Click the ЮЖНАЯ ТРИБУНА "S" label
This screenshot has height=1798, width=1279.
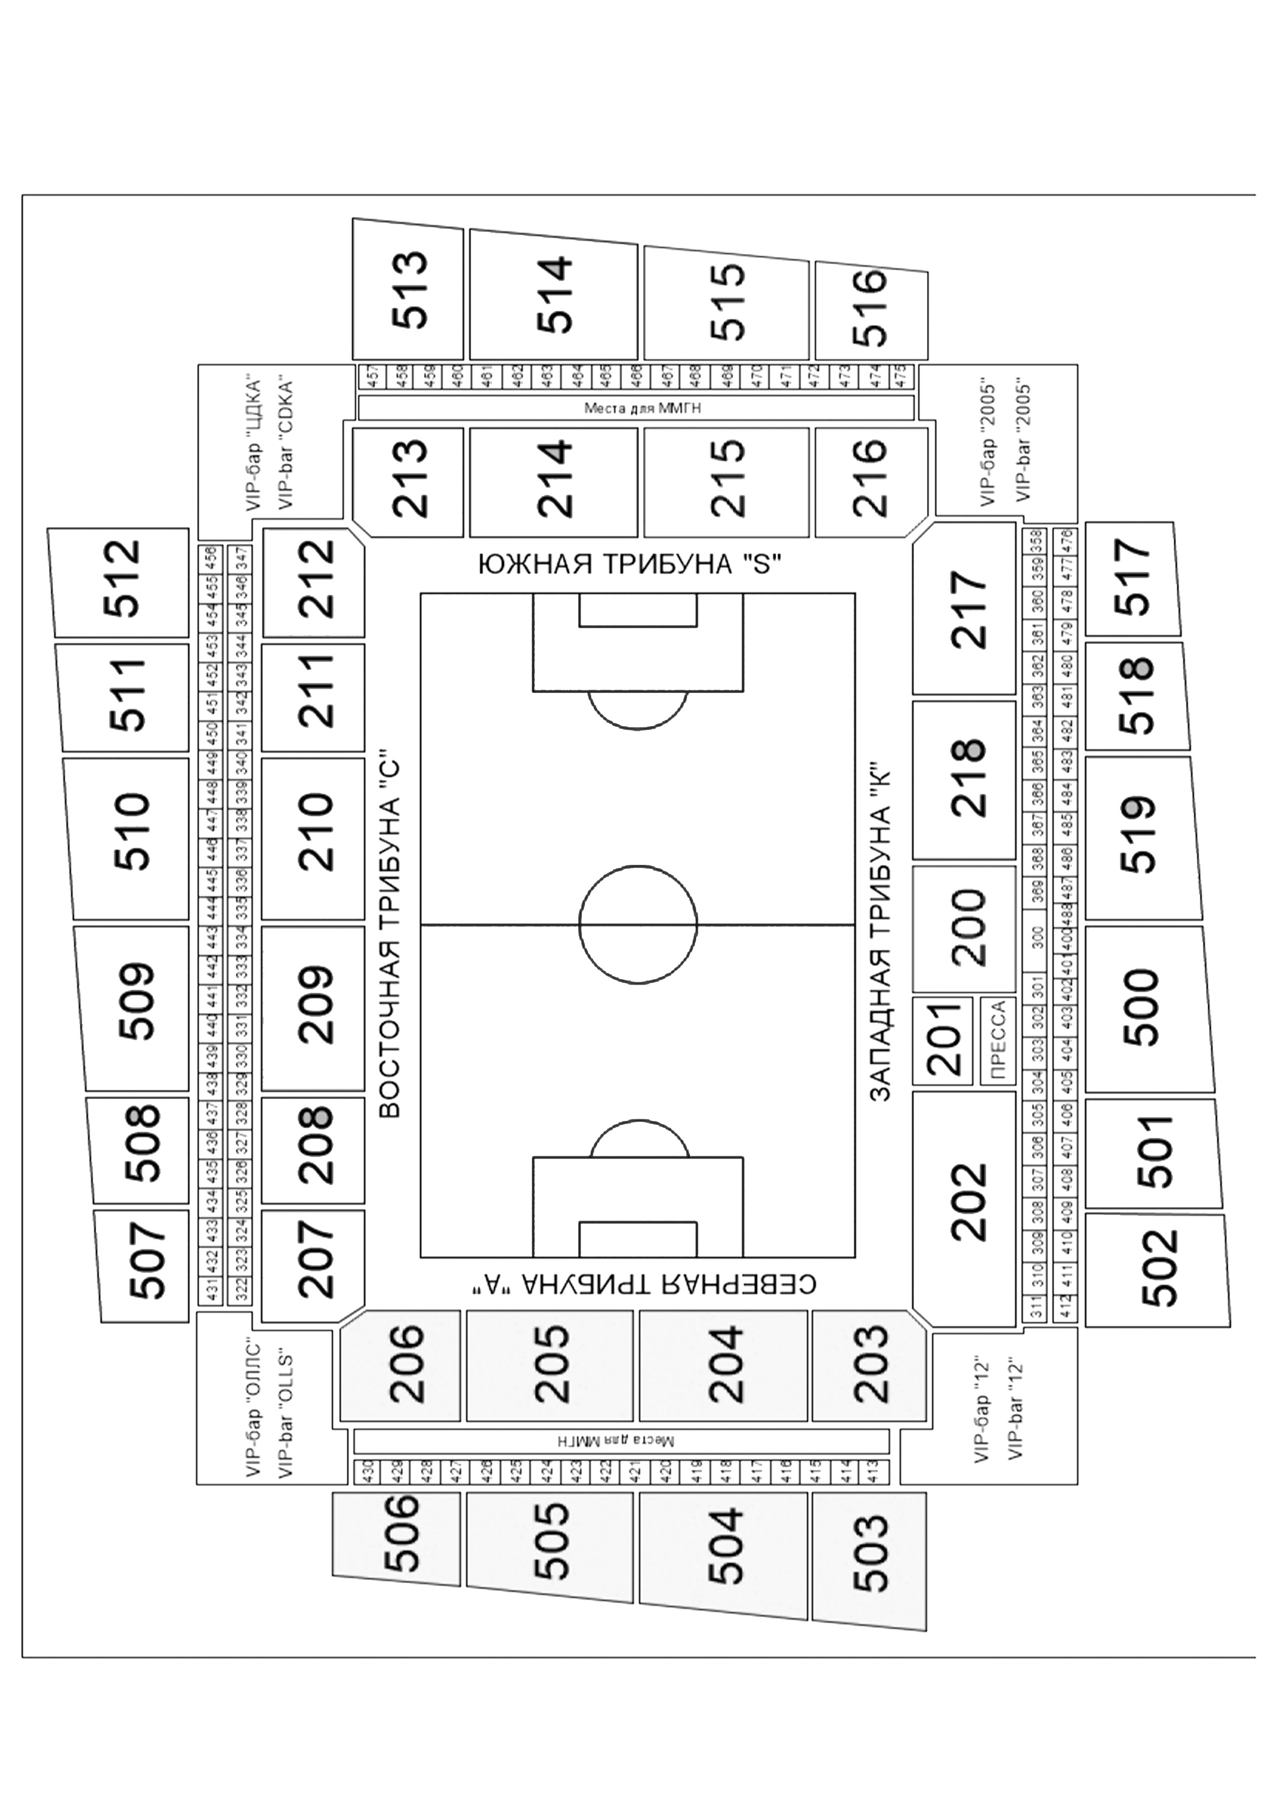coord(629,565)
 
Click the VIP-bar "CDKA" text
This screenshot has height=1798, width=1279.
coord(285,445)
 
